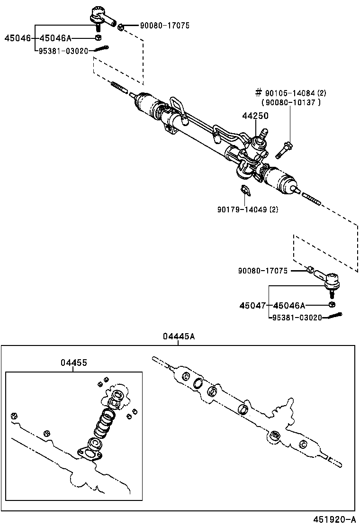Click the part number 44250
point(255,115)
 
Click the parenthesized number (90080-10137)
point(291,102)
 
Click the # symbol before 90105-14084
point(258,92)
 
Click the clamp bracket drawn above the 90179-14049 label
point(245,190)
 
